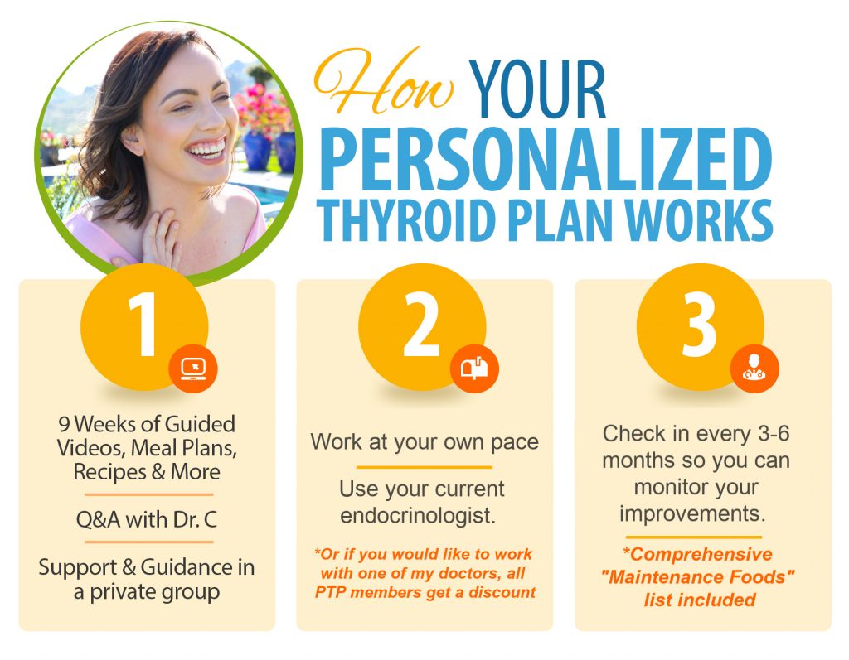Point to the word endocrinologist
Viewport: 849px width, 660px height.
(418, 516)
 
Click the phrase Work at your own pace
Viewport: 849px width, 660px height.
(424, 441)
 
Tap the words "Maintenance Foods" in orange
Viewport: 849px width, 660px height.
(698, 576)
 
